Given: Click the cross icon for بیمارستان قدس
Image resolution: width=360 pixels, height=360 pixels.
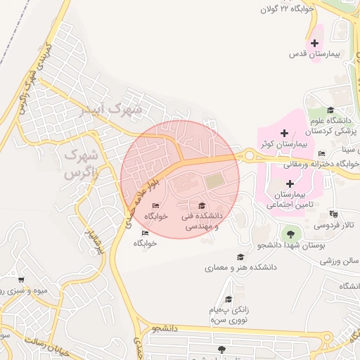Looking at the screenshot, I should [x=314, y=44].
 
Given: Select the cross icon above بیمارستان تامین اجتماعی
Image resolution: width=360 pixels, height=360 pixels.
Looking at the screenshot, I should [x=290, y=183].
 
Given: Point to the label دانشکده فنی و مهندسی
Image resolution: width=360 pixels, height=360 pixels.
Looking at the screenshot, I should [x=202, y=221].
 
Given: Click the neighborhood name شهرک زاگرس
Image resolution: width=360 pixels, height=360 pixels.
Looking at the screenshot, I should [x=79, y=163].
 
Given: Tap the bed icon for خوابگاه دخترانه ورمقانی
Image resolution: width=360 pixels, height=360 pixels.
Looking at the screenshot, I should [x=322, y=154].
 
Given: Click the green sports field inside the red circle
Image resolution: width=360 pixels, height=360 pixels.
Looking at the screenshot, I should [x=214, y=181].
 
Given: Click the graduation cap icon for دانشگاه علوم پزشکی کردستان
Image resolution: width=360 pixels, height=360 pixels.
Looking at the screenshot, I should [x=331, y=110].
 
